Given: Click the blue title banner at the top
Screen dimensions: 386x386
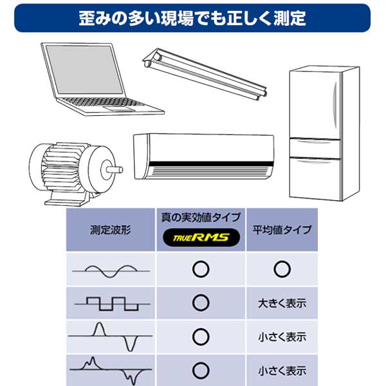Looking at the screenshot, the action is click(192, 18).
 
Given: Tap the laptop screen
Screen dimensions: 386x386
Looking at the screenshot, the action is click(84, 69).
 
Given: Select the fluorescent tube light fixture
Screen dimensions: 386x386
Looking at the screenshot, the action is click(205, 74).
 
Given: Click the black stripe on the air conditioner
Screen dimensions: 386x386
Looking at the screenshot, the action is click(211, 164).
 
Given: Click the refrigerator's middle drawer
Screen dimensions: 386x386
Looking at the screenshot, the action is click(315, 149).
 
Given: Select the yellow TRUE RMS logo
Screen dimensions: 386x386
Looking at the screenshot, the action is click(201, 237).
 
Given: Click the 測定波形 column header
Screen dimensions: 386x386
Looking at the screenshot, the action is click(110, 230).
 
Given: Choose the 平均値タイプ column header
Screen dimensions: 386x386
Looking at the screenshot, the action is click(282, 230).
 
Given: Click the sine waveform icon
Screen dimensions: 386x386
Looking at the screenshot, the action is click(111, 271).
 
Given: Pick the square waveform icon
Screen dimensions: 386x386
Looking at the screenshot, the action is click(112, 304).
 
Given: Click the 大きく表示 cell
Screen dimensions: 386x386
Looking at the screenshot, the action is click(282, 303).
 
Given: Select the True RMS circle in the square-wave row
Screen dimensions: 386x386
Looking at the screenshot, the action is click(201, 295).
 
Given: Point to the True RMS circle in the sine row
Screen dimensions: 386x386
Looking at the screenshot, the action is click(201, 261).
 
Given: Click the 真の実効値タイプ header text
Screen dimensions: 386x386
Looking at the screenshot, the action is click(201, 217).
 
